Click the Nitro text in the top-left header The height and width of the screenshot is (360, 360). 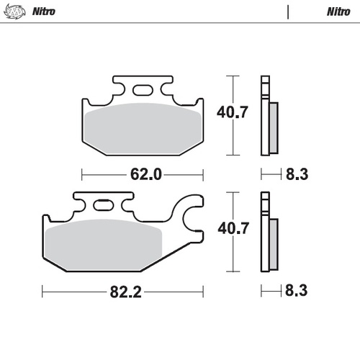45,12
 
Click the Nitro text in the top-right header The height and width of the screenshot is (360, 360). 338,12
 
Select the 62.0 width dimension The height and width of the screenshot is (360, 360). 143,174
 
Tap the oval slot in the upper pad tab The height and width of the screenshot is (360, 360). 143,91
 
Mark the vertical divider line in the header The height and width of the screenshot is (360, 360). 287,12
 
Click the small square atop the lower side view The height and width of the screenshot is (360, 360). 264,197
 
